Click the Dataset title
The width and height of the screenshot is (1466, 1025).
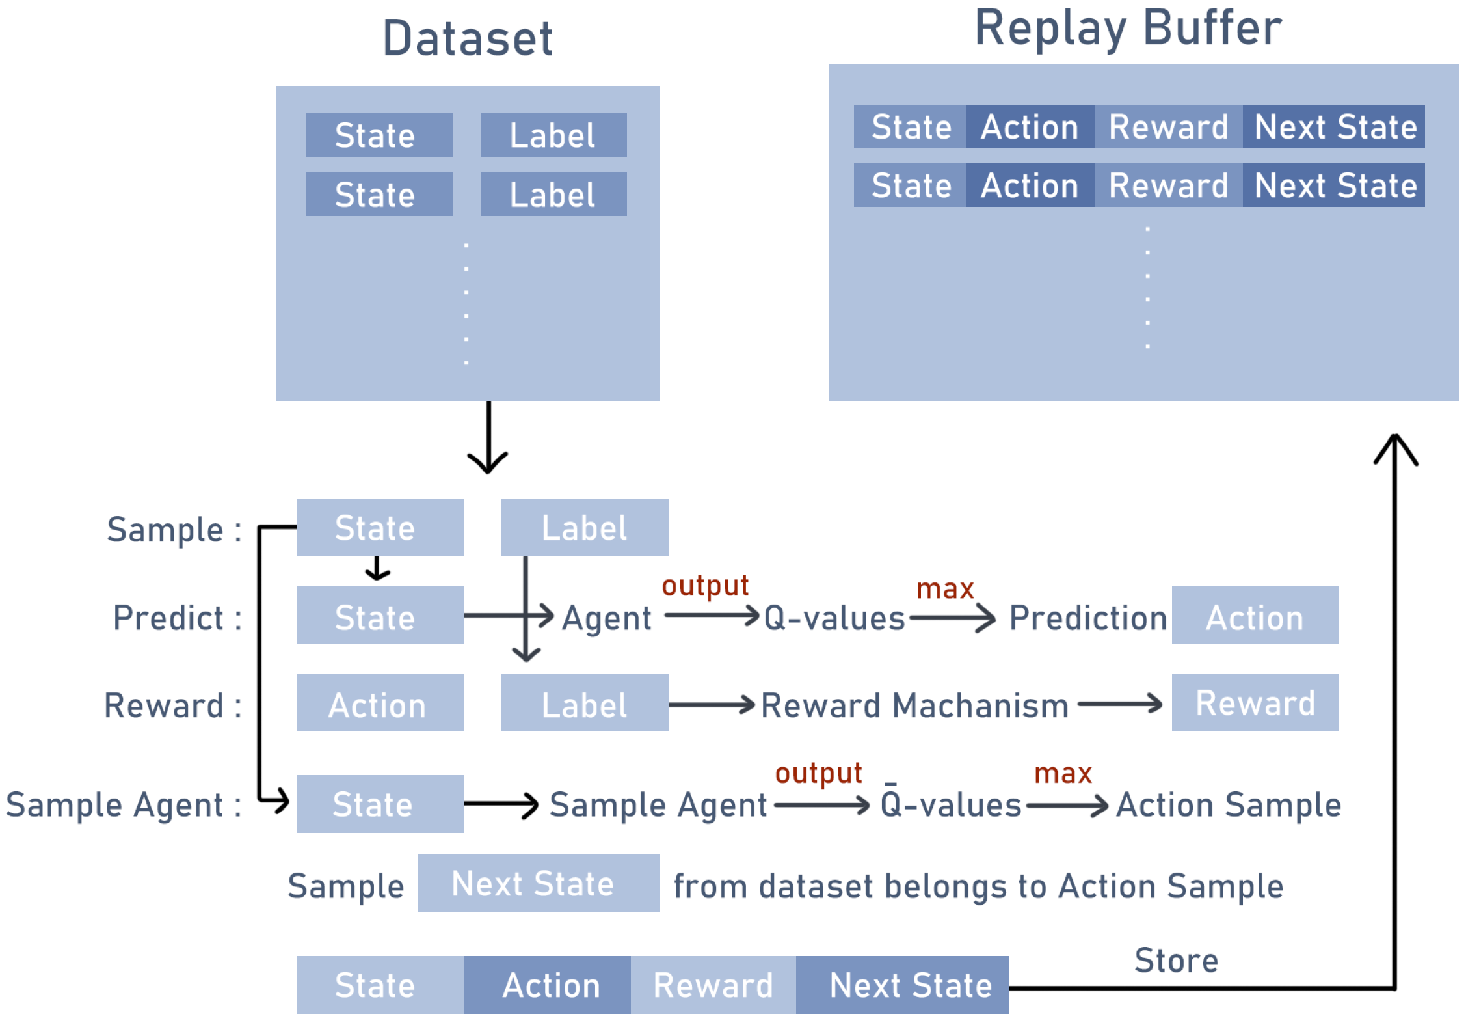(x=468, y=38)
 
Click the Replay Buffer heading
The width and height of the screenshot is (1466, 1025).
(x=1128, y=29)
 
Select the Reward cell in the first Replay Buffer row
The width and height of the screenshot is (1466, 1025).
(x=1169, y=126)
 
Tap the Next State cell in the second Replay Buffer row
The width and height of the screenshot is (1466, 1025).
(x=1334, y=185)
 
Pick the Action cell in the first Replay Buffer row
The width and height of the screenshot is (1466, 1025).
(x=1030, y=126)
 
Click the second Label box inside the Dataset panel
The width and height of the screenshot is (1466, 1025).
(x=553, y=194)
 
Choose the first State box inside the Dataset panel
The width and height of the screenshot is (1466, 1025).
(x=379, y=135)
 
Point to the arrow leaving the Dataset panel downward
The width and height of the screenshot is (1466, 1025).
(x=488, y=437)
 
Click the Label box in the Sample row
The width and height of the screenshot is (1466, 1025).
(x=585, y=527)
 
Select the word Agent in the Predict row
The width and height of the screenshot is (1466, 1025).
(x=607, y=618)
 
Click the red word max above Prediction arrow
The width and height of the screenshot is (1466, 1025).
(x=945, y=590)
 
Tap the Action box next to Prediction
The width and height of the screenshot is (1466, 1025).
(x=1255, y=615)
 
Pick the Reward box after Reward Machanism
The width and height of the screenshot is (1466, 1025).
(x=1255, y=702)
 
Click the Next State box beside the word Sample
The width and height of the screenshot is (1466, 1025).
(x=539, y=883)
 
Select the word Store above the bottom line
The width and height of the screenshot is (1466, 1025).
(x=1177, y=961)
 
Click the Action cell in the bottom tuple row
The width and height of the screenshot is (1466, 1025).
(x=547, y=985)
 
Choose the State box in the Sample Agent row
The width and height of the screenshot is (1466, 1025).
(x=380, y=804)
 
